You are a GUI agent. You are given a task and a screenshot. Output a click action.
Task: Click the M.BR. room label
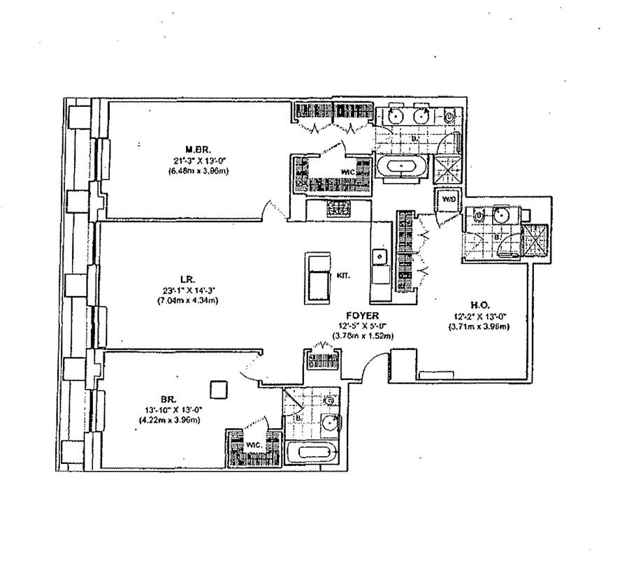click(194, 149)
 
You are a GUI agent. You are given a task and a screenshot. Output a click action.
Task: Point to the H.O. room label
click(479, 305)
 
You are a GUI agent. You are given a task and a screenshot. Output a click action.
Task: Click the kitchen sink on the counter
click(381, 258)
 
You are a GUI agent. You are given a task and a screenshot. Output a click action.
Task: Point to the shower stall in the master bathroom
click(446, 168)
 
